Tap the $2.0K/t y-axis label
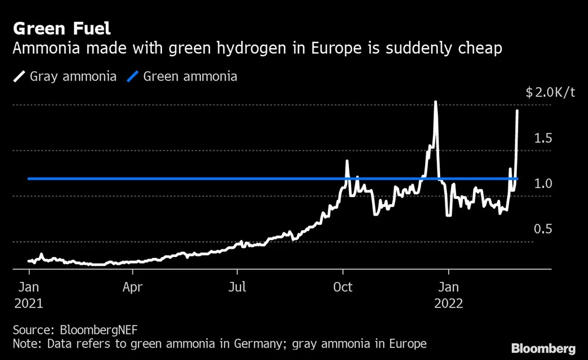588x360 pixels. (550, 92)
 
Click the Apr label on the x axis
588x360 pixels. (133, 288)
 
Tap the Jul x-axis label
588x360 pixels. (237, 288)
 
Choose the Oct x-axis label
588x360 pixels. (343, 288)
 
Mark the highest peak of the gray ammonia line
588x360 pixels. (435, 102)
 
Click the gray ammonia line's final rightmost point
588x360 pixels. (517, 111)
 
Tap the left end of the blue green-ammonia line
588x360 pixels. (29, 179)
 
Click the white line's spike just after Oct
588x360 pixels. (347, 161)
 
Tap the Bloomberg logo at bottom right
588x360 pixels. (543, 348)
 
